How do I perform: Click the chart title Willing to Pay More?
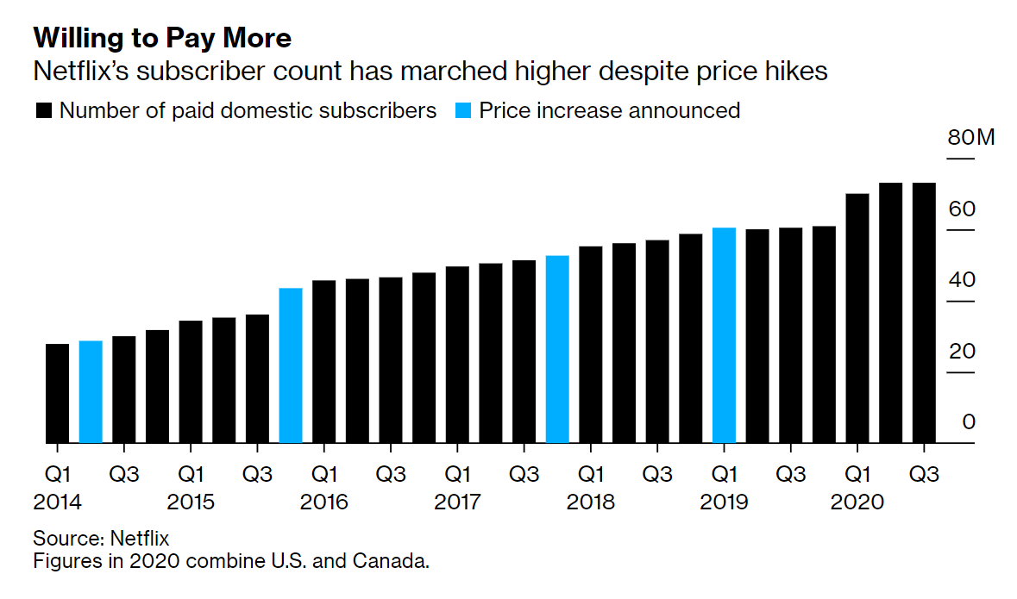tap(162, 39)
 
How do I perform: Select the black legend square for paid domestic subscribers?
tap(44, 111)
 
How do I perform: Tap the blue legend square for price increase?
tap(463, 111)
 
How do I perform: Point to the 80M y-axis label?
tap(970, 138)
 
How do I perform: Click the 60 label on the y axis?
tap(963, 209)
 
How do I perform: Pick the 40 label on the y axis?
tap(963, 280)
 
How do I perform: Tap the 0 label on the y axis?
tap(969, 422)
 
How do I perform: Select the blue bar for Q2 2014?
tap(91, 392)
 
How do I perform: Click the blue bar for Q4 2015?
tap(291, 365)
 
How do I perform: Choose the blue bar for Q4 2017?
tap(557, 349)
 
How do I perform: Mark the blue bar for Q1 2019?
tap(724, 335)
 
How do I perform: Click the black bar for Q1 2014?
tap(57, 394)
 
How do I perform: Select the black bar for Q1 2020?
tap(857, 318)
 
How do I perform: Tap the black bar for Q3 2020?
tap(924, 313)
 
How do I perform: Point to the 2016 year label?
tap(324, 502)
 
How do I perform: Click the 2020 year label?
tap(857, 502)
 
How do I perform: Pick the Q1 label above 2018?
tap(590, 474)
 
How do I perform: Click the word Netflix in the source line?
tap(140, 539)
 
